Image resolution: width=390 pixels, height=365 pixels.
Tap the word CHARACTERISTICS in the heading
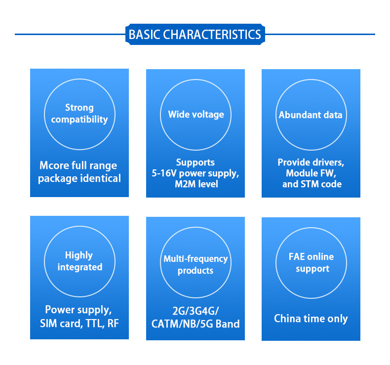click(212, 35)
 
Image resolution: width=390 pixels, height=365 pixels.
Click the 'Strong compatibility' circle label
click(79, 114)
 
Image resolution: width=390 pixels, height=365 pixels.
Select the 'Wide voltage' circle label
click(196, 115)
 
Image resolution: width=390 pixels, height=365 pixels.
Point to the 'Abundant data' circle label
click(311, 115)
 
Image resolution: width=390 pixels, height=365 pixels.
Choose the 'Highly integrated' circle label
click(79, 261)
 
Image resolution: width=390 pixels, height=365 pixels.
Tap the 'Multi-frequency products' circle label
click(195, 265)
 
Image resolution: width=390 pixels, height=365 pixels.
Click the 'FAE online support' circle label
click(311, 263)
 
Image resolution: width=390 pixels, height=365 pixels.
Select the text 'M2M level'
click(196, 185)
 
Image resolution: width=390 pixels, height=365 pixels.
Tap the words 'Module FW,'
click(311, 173)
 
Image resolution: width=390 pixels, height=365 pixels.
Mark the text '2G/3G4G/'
click(195, 312)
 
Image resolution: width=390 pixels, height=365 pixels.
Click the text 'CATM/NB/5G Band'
click(195, 324)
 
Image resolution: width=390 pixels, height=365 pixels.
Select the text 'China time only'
click(311, 319)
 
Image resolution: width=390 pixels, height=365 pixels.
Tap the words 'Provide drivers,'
click(311, 162)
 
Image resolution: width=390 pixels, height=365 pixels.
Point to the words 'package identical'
click(79, 178)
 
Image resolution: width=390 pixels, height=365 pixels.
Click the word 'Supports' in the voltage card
click(195, 162)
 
